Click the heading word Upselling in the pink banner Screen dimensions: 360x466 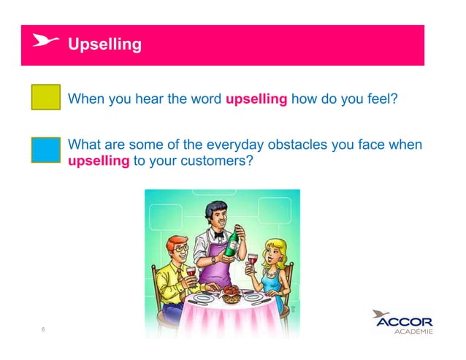(x=104, y=45)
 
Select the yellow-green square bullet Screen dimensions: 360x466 (x=45, y=96)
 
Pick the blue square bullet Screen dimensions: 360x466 (x=45, y=149)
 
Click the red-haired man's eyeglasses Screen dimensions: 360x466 (x=180, y=248)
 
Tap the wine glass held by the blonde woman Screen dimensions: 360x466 (x=252, y=261)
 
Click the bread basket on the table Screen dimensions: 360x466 (x=231, y=294)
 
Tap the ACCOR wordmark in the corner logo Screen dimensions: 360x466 (x=406, y=322)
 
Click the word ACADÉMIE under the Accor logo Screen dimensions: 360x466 (x=413, y=332)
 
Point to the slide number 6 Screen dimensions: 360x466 (x=43, y=329)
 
